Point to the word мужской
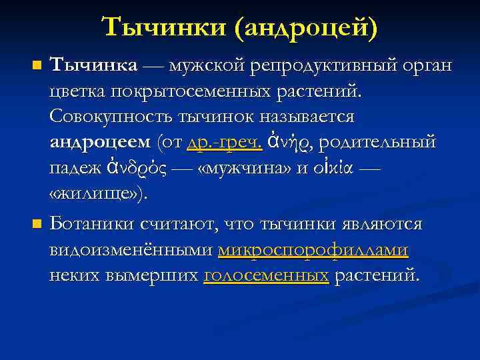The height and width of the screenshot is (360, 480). [207, 66]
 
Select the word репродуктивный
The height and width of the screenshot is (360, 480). [317, 66]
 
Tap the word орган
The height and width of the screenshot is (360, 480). [424, 66]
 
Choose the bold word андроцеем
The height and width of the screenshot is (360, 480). [100, 143]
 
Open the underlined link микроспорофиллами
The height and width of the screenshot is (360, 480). [313, 249]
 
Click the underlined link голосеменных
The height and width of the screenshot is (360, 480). [266, 274]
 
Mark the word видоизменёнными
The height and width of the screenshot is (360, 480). [131, 249]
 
